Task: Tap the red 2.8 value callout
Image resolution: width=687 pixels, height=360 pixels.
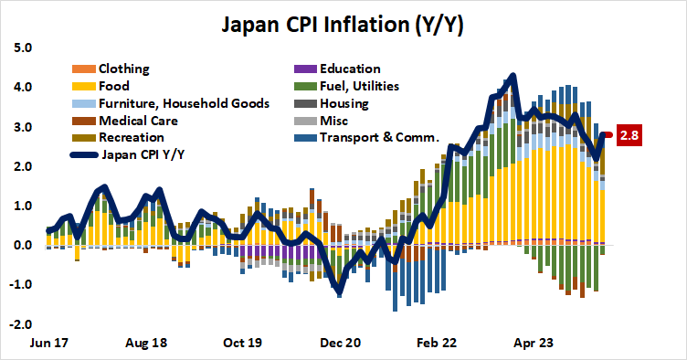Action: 629,136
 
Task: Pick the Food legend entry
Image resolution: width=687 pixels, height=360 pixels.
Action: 115,86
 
